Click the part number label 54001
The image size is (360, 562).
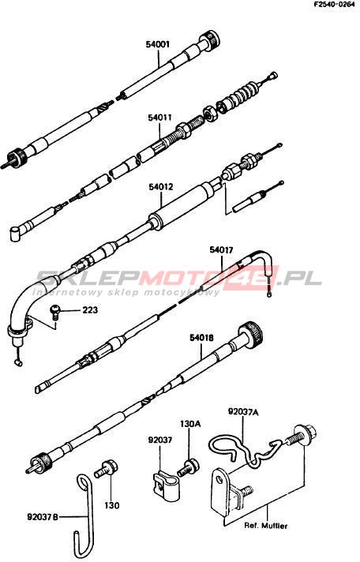[158, 44]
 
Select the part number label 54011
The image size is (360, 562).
[160, 118]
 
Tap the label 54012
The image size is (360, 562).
[161, 187]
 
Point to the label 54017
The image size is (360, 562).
[222, 250]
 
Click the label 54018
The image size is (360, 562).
[202, 337]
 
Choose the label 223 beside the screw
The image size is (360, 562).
[90, 309]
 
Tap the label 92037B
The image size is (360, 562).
[43, 517]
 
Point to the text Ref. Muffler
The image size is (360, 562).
[266, 526]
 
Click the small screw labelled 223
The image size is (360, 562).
[55, 312]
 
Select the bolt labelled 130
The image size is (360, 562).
[104, 469]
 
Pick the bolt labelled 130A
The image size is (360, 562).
[189, 466]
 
